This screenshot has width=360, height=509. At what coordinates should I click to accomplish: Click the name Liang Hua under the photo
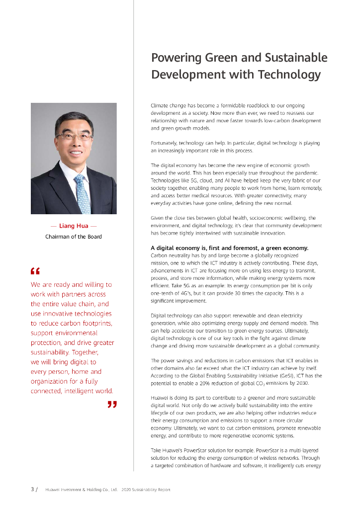point(74,226)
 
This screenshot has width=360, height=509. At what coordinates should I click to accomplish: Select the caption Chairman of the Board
point(74,237)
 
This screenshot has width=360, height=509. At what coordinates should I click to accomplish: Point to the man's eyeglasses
point(74,135)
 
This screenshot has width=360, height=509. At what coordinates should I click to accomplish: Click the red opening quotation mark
point(35,271)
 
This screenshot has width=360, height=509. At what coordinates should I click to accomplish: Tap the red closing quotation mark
point(112,406)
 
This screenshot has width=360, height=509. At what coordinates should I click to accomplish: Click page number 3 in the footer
point(33,490)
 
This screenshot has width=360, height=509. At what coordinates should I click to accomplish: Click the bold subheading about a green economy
point(229,248)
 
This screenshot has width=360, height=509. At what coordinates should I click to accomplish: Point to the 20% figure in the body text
point(230,383)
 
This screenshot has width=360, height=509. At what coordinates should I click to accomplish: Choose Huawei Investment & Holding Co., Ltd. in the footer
point(81,490)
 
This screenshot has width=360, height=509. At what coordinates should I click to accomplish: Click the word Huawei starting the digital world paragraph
point(159,398)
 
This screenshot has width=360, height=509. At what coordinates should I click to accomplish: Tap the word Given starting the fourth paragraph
point(157,218)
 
